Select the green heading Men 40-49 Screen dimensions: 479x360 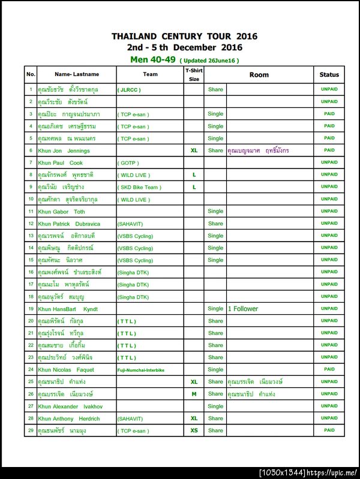(153, 60)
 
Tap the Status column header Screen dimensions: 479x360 (329, 75)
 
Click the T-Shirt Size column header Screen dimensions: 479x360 (194, 74)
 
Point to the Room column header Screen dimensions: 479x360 (259, 75)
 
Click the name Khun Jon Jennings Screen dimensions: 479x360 (64, 150)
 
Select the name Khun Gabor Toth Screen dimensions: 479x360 (61, 212)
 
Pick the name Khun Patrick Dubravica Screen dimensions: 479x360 (69, 224)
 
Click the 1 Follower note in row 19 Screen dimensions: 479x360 (243, 309)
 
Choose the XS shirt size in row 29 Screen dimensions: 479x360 (194, 430)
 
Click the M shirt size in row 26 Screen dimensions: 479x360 (194, 394)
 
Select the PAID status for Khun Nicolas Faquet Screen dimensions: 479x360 (329, 369)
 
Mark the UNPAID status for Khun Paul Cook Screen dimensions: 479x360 (329, 162)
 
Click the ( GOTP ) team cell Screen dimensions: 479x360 (128, 162)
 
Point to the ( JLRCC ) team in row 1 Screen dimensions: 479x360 (130, 89)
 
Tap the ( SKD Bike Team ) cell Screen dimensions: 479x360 (139, 187)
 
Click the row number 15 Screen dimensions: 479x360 (31, 260)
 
